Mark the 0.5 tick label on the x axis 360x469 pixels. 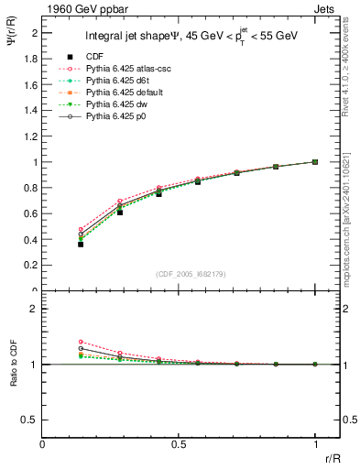pyautogui.click(x=179, y=443)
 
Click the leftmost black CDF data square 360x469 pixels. pyautogui.click(x=81, y=244)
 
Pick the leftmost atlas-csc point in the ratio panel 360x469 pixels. pyautogui.click(x=81, y=342)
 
